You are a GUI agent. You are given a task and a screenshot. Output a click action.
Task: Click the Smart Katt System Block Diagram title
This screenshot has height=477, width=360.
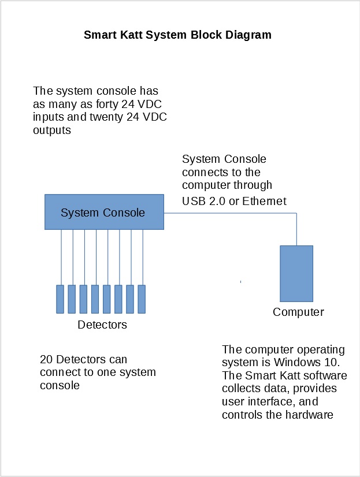click(177, 35)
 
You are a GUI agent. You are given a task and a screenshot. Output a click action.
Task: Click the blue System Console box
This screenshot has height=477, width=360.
click(104, 212)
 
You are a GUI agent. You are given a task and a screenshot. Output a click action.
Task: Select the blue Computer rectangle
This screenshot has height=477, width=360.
click(296, 274)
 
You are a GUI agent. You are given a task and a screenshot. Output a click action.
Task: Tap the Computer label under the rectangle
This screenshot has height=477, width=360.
click(298, 312)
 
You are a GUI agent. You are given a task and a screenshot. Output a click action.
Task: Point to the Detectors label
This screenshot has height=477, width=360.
click(102, 325)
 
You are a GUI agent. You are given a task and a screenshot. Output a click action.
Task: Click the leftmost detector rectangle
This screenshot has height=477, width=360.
click(60, 299)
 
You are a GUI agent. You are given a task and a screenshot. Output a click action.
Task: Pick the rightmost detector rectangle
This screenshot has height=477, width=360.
click(142, 299)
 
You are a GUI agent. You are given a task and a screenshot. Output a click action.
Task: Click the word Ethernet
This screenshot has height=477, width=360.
click(265, 201)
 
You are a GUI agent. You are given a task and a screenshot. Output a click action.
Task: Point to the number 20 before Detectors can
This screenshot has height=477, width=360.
click(47, 360)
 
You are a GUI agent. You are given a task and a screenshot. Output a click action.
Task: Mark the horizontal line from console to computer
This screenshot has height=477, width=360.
click(231, 213)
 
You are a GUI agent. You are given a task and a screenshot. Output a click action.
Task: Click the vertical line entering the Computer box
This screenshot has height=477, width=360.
click(296, 229)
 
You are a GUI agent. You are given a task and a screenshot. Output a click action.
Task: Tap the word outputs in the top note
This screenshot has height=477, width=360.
click(52, 131)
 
